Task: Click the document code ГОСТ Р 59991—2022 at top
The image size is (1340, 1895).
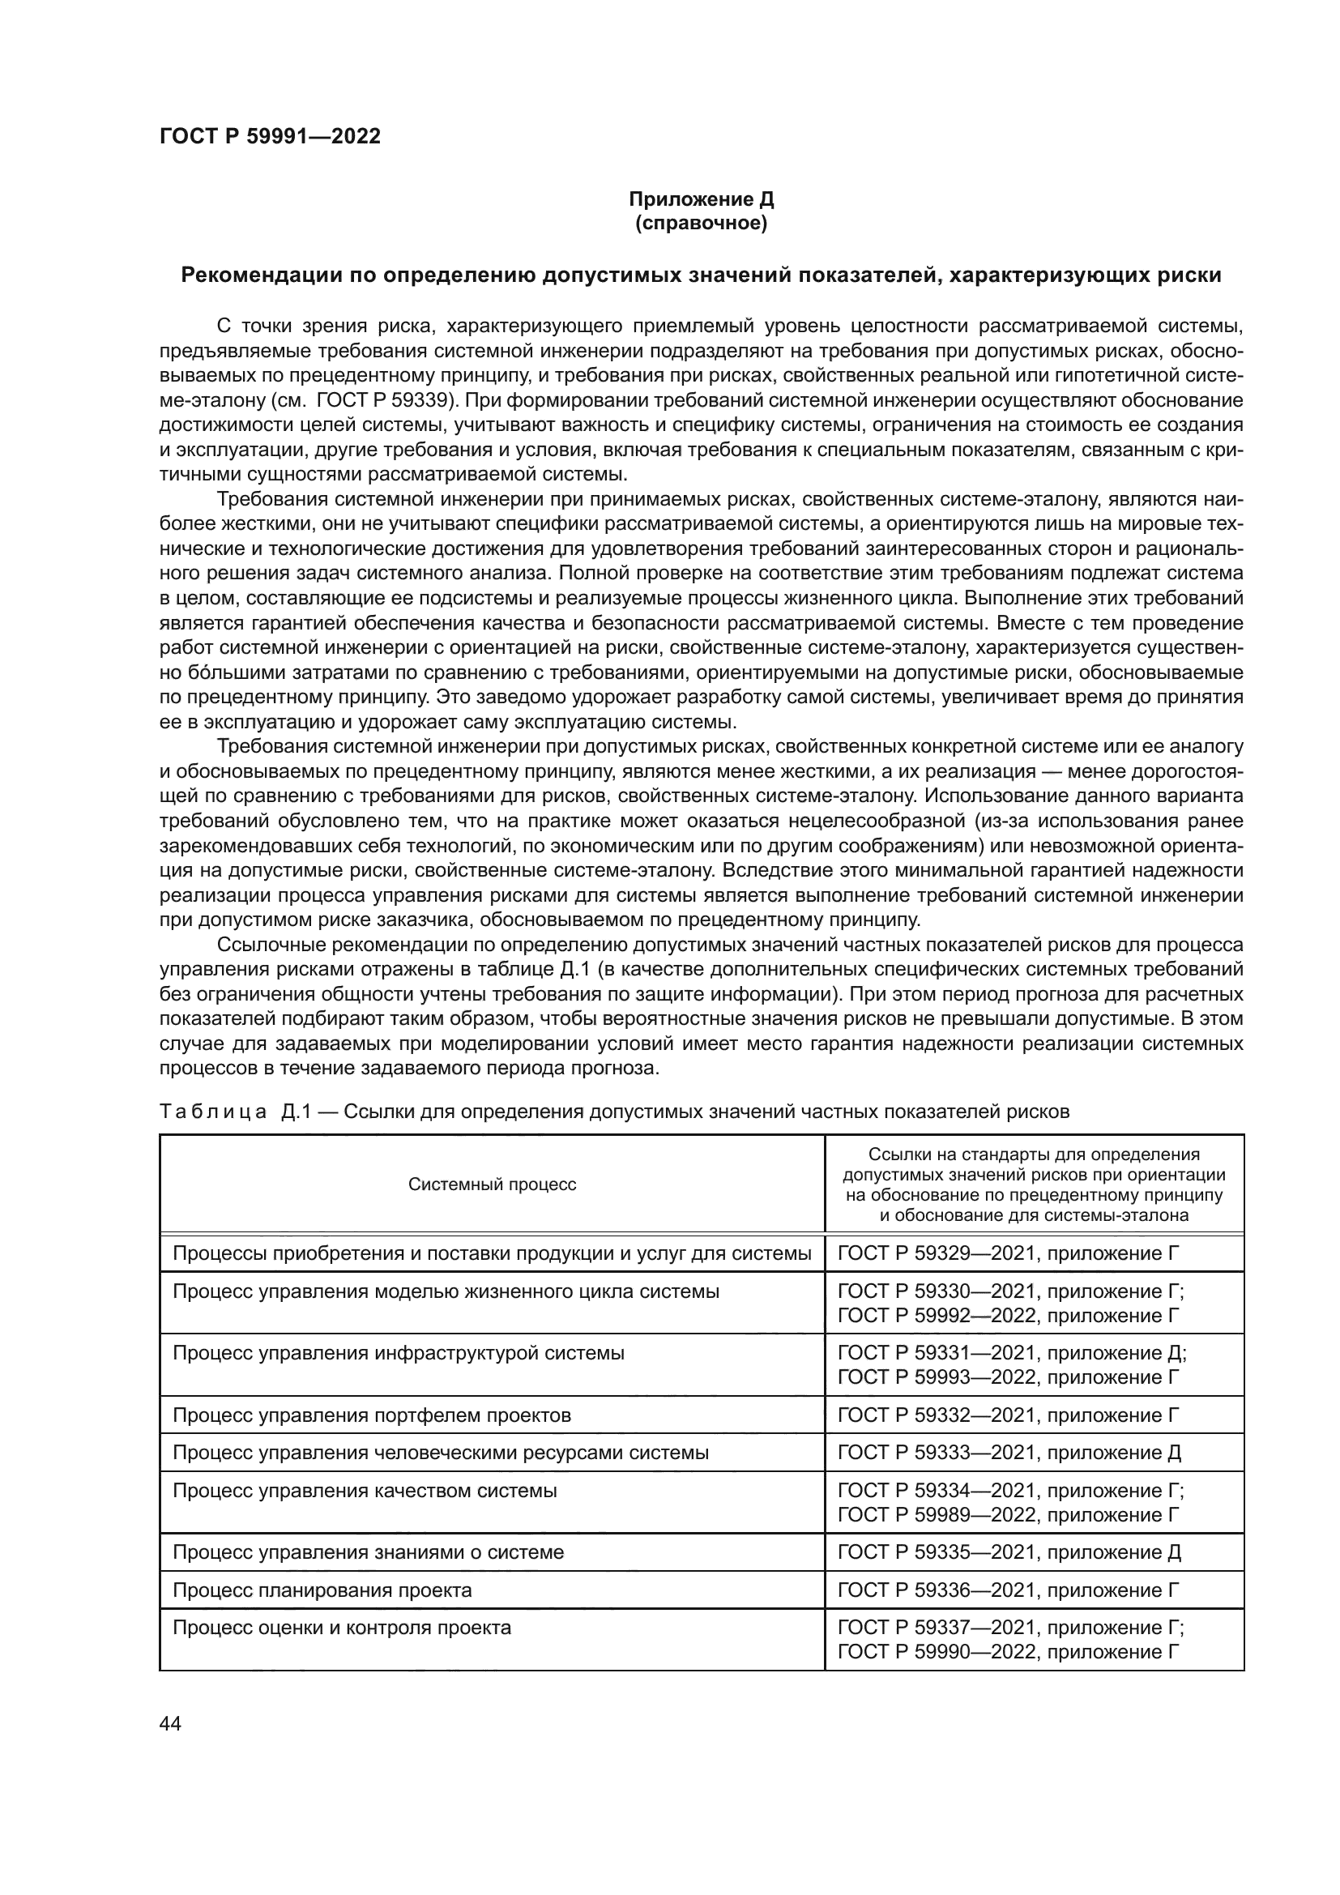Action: pyautogui.click(x=270, y=137)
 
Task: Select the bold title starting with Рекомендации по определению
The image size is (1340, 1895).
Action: pyautogui.click(x=701, y=275)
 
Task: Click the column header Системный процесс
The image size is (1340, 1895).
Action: pyautogui.click(x=492, y=1184)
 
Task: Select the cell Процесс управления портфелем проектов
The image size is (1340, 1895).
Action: pyautogui.click(x=371, y=1415)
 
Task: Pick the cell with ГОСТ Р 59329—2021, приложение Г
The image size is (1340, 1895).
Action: pyautogui.click(x=1009, y=1253)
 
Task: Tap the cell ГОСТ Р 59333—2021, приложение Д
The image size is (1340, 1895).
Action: pyautogui.click(x=1009, y=1453)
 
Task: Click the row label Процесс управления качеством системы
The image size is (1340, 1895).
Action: pyautogui.click(x=365, y=1491)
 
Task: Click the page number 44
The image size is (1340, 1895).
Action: pyautogui.click(x=170, y=1723)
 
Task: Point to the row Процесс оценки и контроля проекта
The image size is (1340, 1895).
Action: pyautogui.click(x=342, y=1628)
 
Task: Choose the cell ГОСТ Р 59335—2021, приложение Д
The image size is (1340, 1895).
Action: pyautogui.click(x=1009, y=1552)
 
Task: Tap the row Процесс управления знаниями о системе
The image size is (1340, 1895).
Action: pyautogui.click(x=368, y=1552)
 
